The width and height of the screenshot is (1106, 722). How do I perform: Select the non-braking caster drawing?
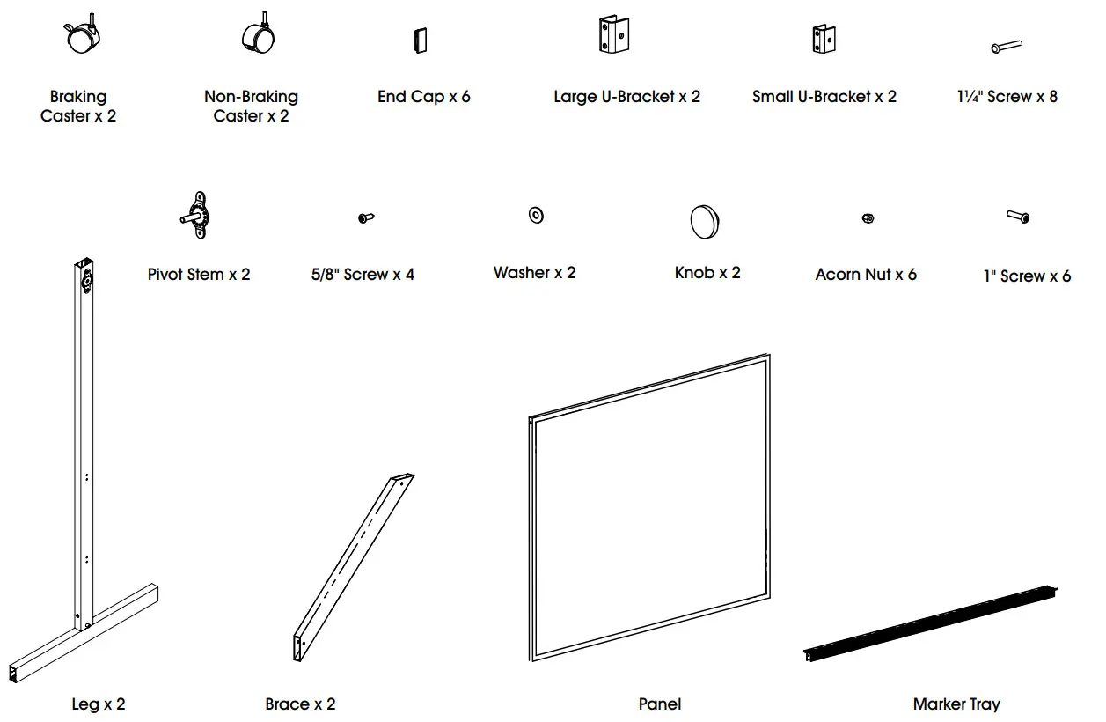(x=259, y=35)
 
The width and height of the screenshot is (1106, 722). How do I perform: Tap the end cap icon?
(x=420, y=40)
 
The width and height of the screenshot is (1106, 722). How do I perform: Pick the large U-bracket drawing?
(x=616, y=36)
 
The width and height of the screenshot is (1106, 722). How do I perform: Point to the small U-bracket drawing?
(x=824, y=38)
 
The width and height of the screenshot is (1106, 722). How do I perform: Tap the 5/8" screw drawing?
(x=367, y=217)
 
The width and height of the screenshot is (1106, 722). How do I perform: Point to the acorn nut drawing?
(x=868, y=218)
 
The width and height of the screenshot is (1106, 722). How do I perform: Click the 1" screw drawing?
(x=1019, y=216)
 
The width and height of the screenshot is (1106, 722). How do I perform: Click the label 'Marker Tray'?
(x=956, y=704)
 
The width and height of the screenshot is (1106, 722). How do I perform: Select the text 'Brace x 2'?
(x=300, y=704)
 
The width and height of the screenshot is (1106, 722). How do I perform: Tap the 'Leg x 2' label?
(x=99, y=704)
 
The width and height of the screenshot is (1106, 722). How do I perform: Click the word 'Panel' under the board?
(x=660, y=704)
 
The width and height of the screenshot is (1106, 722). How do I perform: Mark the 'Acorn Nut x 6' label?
(x=866, y=275)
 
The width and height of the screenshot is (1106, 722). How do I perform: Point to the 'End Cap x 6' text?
(x=423, y=97)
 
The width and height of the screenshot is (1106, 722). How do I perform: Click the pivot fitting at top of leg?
(x=87, y=281)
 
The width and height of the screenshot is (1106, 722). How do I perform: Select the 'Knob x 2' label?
(x=707, y=273)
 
